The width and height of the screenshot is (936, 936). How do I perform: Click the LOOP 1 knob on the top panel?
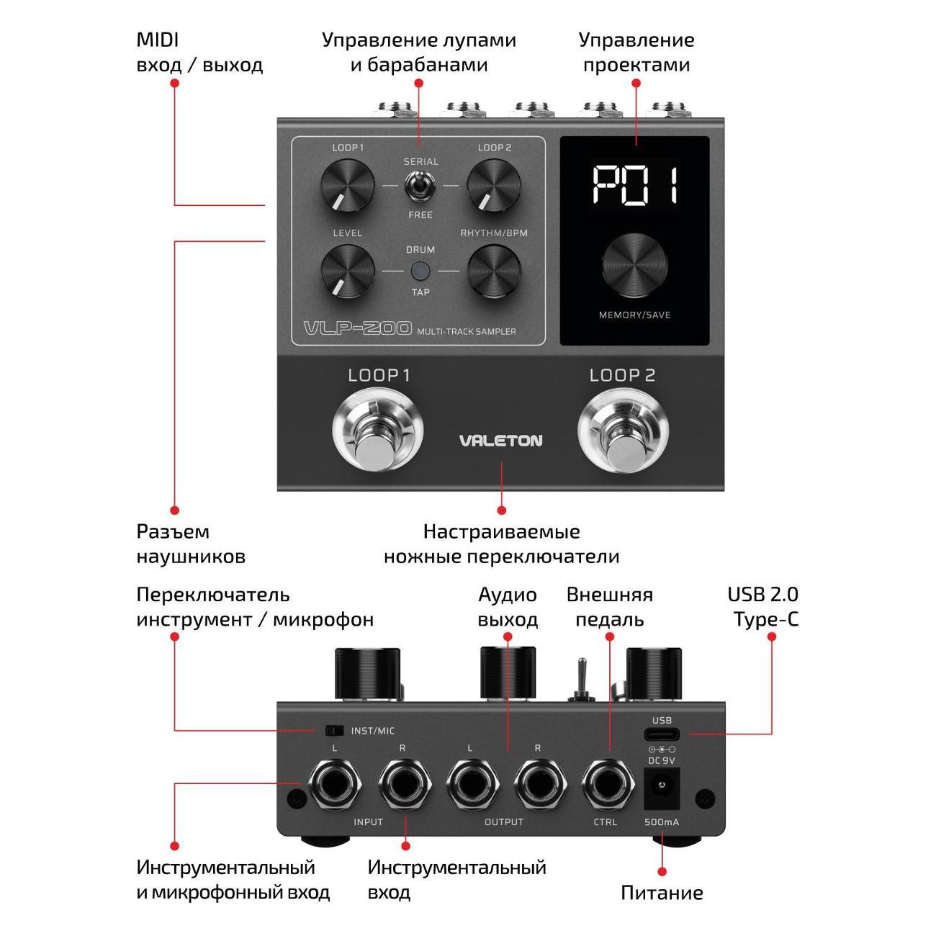(x=348, y=185)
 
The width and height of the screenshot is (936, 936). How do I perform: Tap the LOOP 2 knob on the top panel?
(x=494, y=185)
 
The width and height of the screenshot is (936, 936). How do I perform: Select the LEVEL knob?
(x=348, y=271)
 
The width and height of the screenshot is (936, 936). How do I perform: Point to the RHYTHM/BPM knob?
(x=494, y=271)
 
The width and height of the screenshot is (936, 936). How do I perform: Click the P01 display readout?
(x=636, y=185)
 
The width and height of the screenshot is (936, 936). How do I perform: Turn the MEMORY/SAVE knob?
(x=636, y=266)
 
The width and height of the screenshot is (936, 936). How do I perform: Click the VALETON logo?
(x=500, y=441)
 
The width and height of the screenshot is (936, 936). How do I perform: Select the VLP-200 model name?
(x=358, y=330)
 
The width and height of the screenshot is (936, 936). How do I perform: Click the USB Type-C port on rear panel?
(x=662, y=734)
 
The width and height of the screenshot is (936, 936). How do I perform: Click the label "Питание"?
(x=662, y=893)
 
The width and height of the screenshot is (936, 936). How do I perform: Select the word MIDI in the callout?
(x=158, y=40)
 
